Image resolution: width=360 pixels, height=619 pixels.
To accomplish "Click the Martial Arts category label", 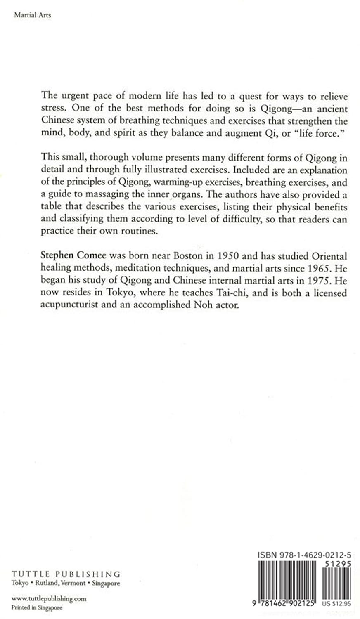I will click(32, 15).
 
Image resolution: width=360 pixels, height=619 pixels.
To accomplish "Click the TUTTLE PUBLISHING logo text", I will click(66, 574).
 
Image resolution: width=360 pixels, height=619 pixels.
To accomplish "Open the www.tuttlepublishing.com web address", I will click(49, 598).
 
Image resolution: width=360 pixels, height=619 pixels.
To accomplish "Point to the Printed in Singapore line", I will click(37, 608).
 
